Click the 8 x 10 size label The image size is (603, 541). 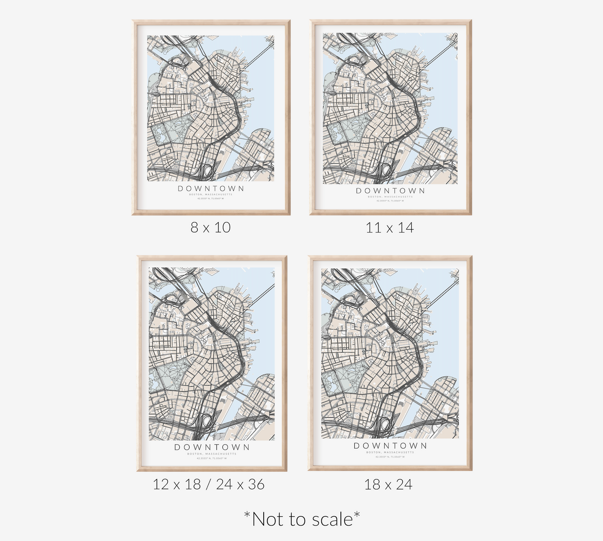(211, 228)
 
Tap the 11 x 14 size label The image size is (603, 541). (390, 228)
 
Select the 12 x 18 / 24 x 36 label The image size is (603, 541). (209, 484)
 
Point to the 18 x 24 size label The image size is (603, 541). (388, 484)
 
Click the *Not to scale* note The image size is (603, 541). (302, 519)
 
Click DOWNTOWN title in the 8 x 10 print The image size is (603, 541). (211, 189)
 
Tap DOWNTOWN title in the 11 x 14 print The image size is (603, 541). (390, 191)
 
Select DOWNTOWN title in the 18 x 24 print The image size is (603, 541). (390, 446)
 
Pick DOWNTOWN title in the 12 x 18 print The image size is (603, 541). (212, 447)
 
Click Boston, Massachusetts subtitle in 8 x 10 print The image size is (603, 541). (211, 195)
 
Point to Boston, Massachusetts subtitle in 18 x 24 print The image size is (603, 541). (390, 452)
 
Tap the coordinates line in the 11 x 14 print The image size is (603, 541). (390, 201)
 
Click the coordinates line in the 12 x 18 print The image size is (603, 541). (212, 458)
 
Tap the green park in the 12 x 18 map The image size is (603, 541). (169, 373)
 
